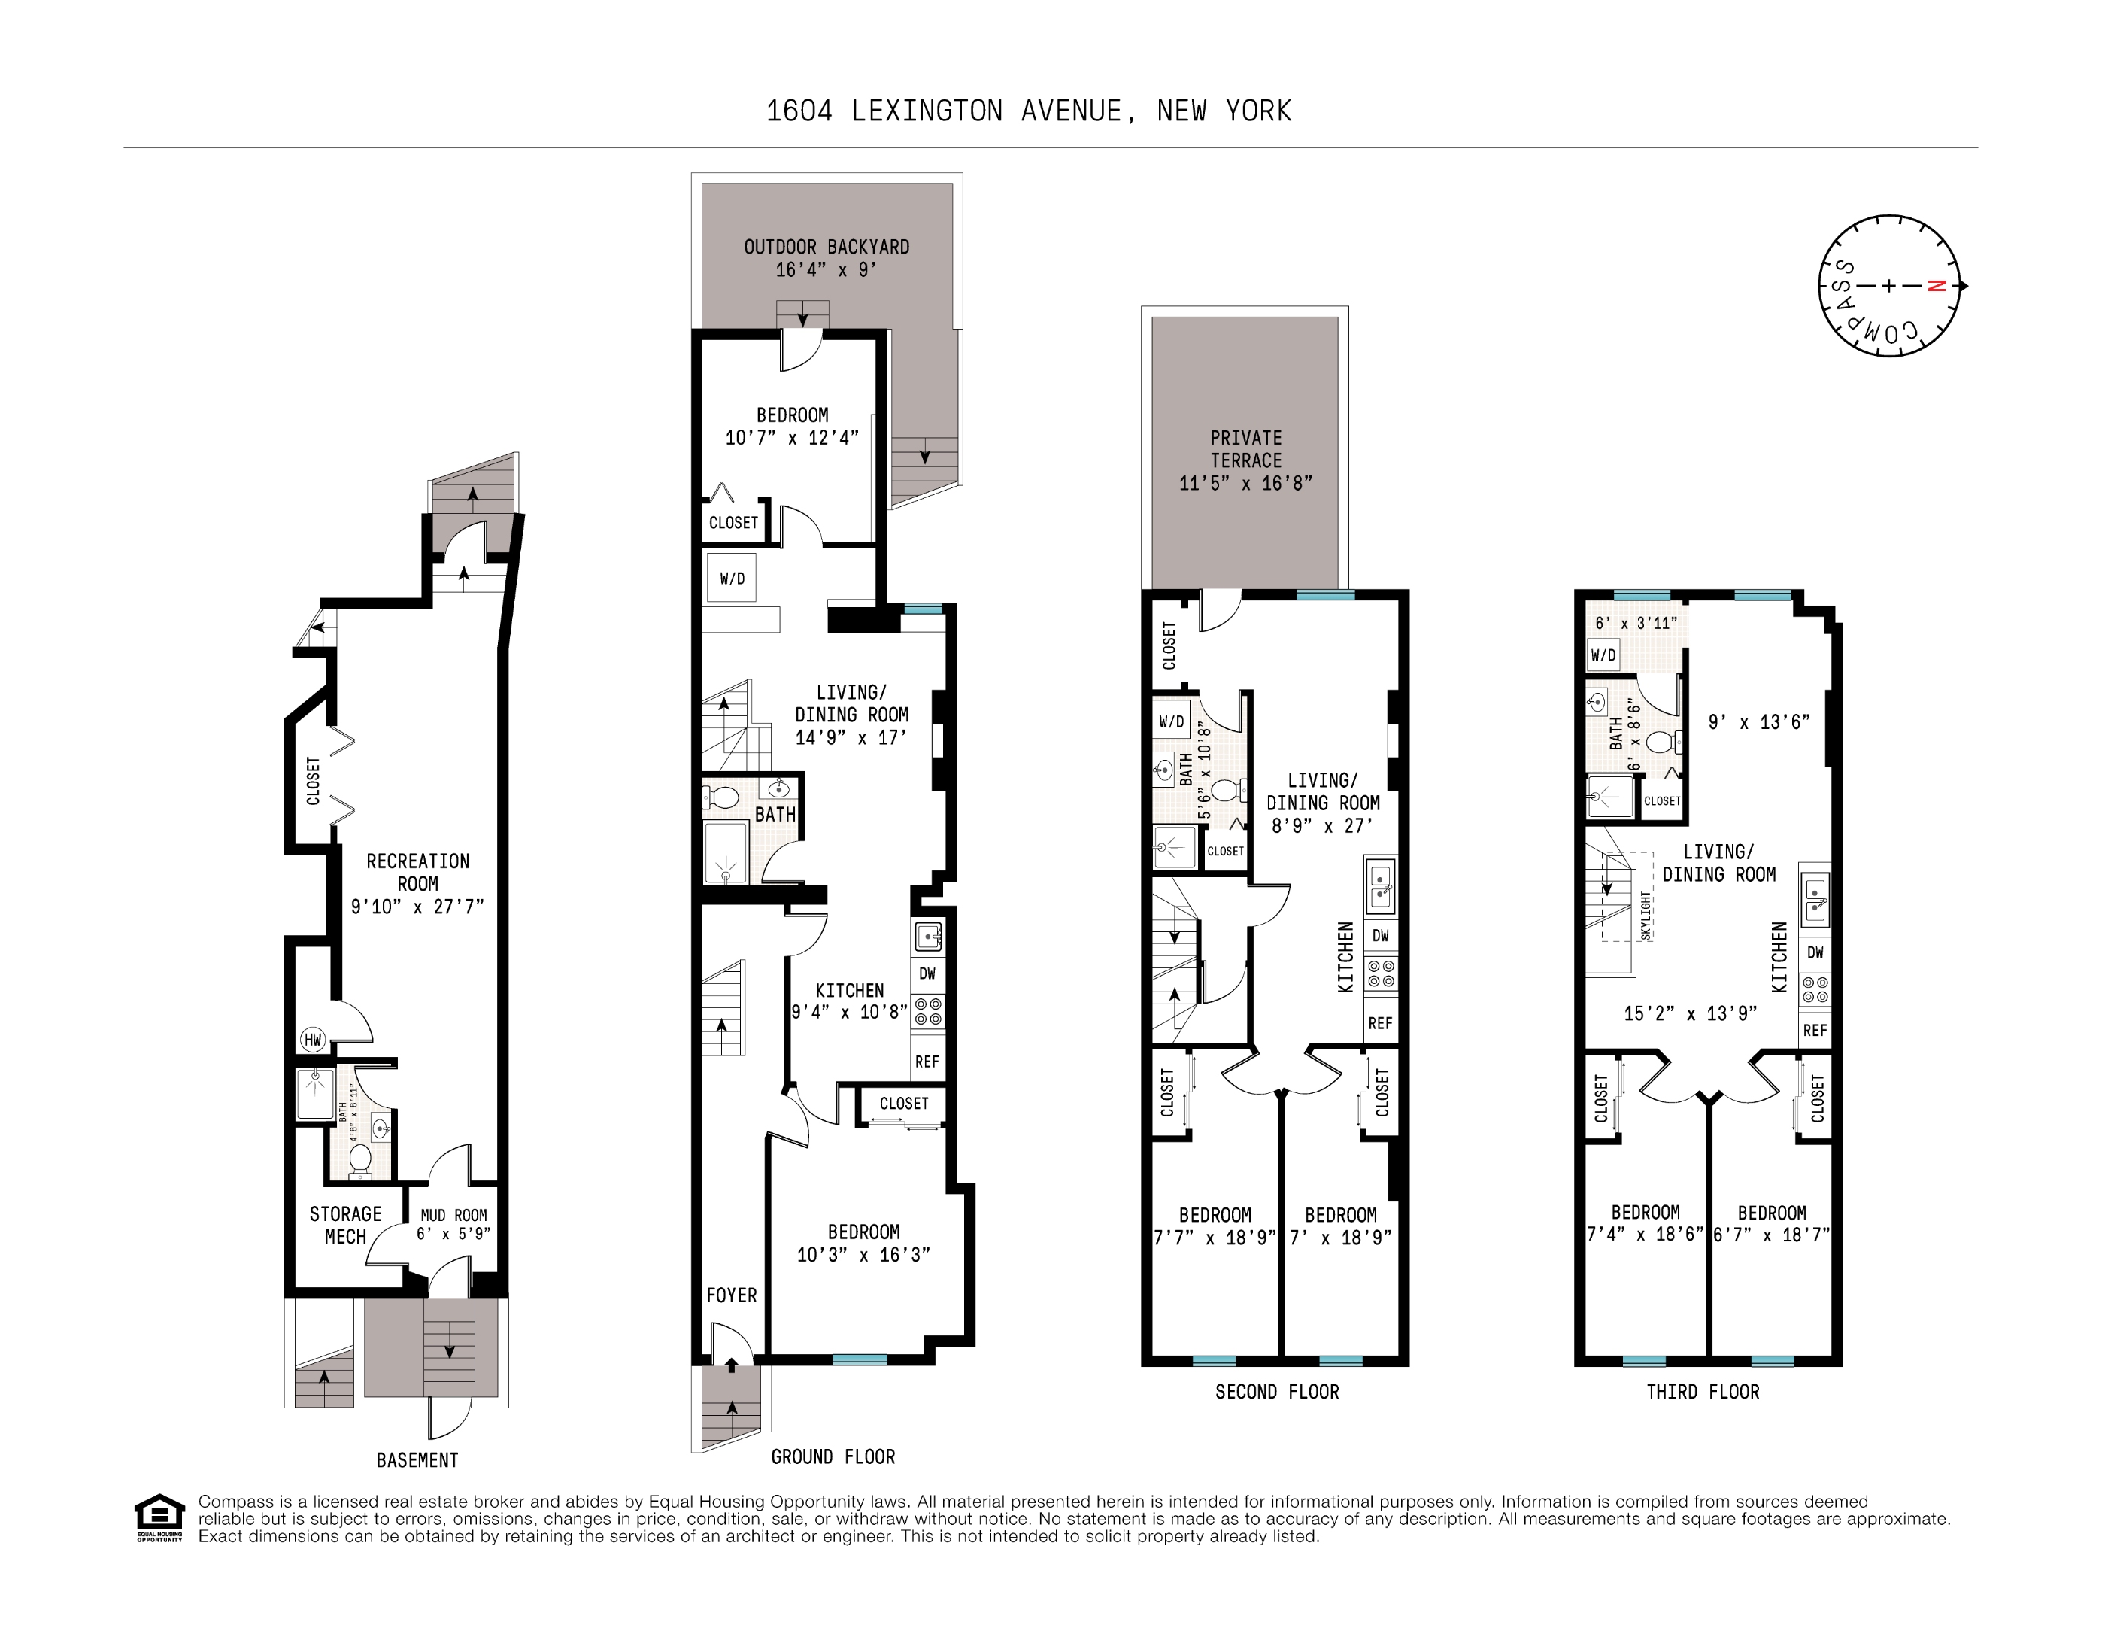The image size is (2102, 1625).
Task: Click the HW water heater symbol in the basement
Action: (313, 1040)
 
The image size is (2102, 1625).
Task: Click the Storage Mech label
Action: (345, 1226)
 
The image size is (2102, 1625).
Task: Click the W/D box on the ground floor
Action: (732, 578)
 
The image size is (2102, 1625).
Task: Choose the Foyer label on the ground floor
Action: (732, 1295)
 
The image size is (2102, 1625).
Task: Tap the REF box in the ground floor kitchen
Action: (927, 1062)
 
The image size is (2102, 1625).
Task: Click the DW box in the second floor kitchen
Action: (1380, 936)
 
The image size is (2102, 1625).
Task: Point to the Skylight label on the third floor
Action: (1646, 915)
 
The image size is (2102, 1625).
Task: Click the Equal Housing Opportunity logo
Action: (159, 1518)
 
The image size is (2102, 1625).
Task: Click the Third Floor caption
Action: (1703, 1392)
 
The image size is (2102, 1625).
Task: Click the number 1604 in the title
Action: (799, 111)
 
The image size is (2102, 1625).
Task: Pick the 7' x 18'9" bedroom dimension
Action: (1341, 1238)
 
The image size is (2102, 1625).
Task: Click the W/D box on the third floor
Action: (1603, 655)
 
